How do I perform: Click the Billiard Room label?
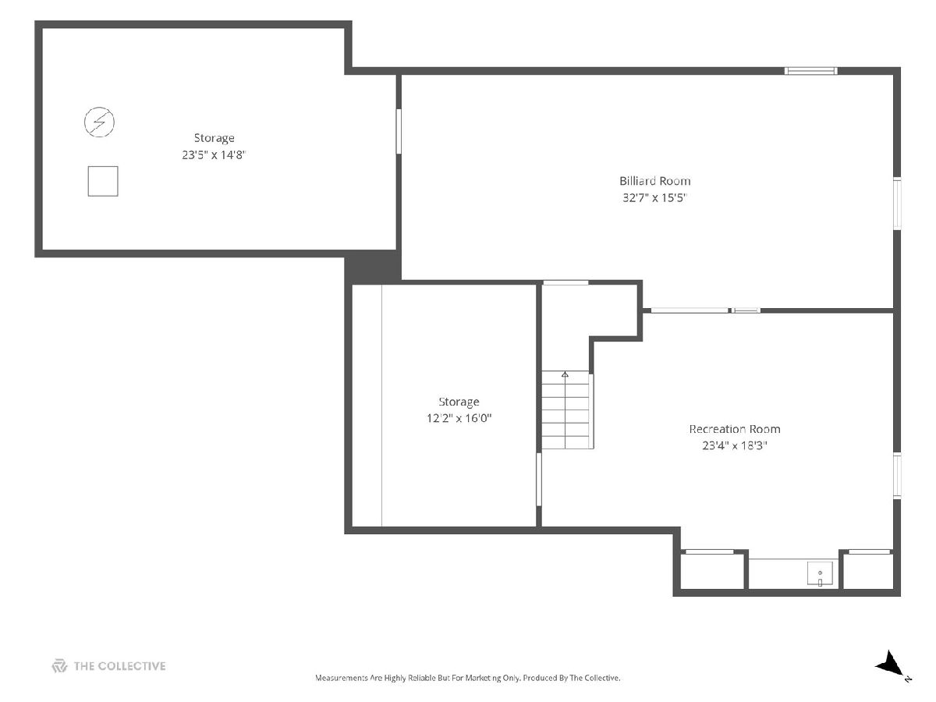[654, 181]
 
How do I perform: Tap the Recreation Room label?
[734, 429]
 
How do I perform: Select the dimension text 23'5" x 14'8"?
[214, 154]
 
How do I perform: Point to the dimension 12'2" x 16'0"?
[459, 418]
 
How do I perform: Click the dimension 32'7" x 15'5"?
[654, 198]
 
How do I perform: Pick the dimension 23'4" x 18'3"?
[734, 445]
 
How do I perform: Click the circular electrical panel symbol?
[99, 122]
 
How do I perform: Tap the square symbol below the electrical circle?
[103, 181]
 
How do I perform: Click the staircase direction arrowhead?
[565, 374]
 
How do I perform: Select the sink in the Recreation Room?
[820, 574]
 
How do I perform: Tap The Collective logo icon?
[59, 665]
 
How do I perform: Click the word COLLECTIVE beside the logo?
[132, 666]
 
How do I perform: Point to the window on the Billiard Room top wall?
[810, 71]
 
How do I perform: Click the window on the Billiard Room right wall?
[897, 204]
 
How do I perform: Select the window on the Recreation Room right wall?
[897, 475]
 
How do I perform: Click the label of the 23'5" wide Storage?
[214, 138]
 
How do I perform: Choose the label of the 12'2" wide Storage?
[459, 402]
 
